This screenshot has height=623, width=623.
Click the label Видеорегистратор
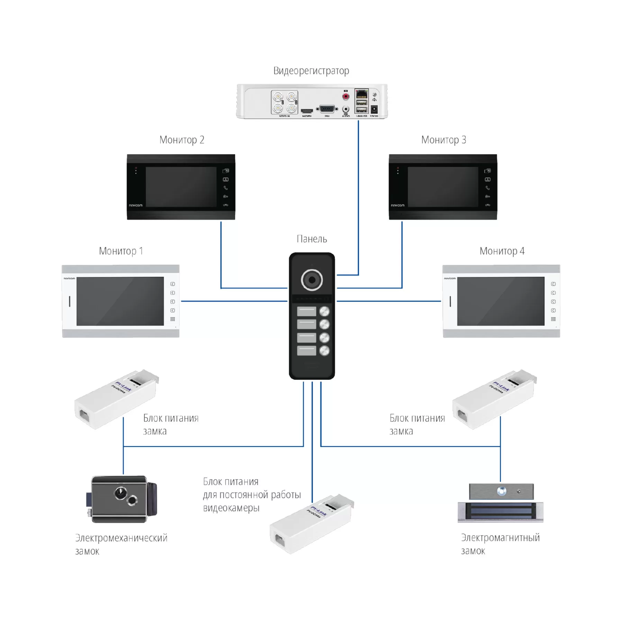point(311,71)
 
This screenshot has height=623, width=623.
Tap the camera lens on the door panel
point(312,280)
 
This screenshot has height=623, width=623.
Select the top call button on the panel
point(324,311)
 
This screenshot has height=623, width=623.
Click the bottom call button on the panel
point(324,351)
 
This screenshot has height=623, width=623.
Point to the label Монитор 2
point(182,140)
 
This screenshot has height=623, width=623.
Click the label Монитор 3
point(443,140)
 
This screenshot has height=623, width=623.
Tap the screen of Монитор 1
point(120,301)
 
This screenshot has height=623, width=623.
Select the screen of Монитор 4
point(500,301)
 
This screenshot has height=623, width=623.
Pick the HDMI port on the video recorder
point(307,111)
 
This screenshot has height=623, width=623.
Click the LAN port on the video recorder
point(361,94)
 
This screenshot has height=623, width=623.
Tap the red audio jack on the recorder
point(345,96)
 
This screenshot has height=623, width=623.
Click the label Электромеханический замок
point(121,544)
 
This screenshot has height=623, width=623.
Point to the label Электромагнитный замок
point(500,544)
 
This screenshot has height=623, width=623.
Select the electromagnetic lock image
point(500,504)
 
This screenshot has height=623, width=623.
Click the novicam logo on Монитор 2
point(136,205)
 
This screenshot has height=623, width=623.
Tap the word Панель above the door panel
point(311,239)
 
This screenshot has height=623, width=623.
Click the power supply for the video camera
point(311,524)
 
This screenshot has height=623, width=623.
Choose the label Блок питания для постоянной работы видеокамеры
point(252,495)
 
